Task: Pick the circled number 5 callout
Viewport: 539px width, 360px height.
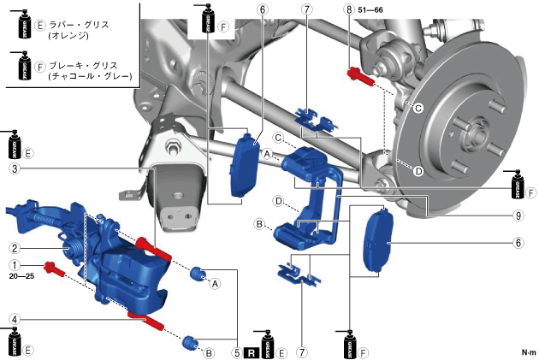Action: (237, 351)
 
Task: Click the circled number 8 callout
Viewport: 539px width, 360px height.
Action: (348, 9)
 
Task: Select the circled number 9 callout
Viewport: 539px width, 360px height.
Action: (518, 216)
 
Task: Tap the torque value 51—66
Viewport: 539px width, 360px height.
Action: (370, 9)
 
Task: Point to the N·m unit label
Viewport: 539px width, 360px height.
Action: (527, 352)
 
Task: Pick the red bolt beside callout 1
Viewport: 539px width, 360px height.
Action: (56, 268)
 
